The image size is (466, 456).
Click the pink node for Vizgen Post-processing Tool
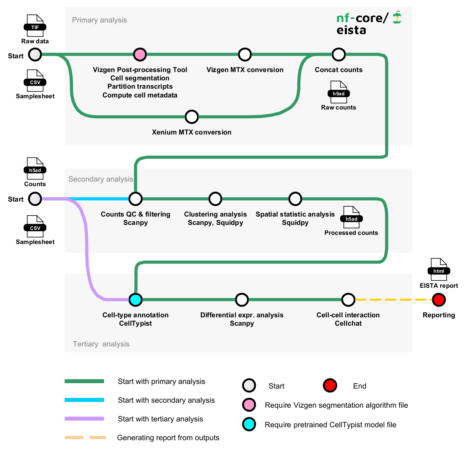coord(140,54)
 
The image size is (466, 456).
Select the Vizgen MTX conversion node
coord(245,54)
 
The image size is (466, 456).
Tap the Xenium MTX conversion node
coord(192,117)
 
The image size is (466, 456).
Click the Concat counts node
coord(339,54)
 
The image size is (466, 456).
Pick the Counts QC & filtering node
coord(135,199)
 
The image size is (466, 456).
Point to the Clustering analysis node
coord(215,199)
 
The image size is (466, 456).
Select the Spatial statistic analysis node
coord(295,199)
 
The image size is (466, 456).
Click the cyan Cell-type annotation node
coord(135,299)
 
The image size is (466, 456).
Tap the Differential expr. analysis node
coord(242,299)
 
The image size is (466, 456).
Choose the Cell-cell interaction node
coord(348,299)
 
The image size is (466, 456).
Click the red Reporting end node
coord(439,299)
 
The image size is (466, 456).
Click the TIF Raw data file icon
coord(35,26)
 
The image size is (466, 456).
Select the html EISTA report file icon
coord(439,269)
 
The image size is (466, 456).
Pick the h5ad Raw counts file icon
coord(339,92)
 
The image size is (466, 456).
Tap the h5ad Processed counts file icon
coord(351,217)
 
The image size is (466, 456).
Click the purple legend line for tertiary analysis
coord(84,419)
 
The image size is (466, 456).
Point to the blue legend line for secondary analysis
coord(84,400)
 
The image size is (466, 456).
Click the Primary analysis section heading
coord(100,20)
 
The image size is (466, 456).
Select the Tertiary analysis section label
coord(101,344)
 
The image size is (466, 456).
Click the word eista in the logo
coord(351,30)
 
